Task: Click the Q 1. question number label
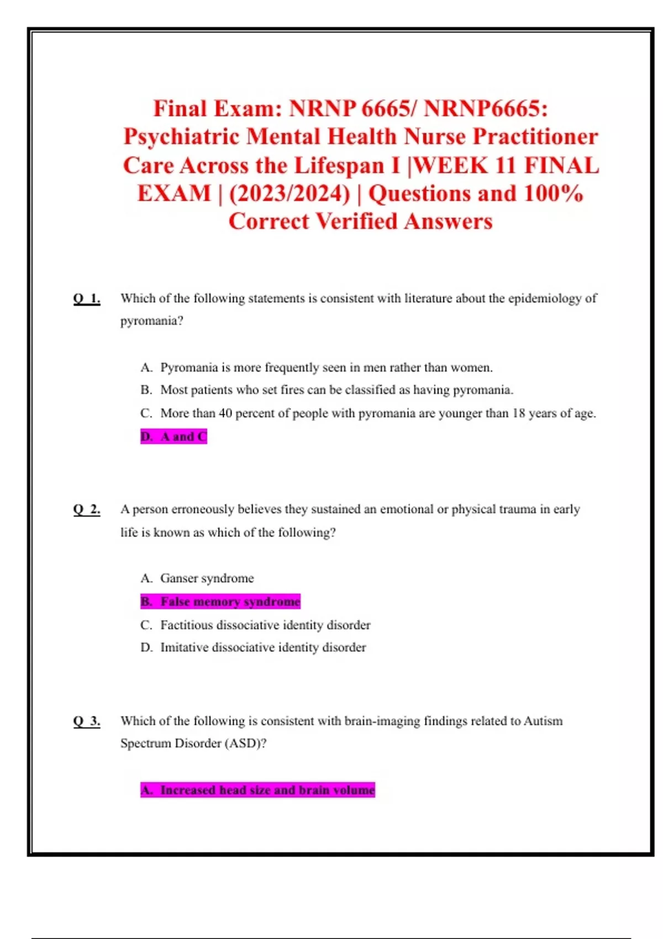tap(87, 299)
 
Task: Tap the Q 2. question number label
tap(87, 509)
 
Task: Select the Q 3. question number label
tap(87, 721)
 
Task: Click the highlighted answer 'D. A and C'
tap(173, 436)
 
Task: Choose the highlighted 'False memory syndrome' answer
tap(220, 602)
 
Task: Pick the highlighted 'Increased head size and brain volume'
tap(257, 790)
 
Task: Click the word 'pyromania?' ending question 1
tap(151, 321)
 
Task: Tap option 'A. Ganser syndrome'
tap(197, 578)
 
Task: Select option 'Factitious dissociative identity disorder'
tap(265, 625)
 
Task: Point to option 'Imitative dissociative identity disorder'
tap(263, 647)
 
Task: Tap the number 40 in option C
tap(225, 413)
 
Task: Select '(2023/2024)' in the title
tap(290, 193)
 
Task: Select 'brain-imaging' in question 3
tap(382, 721)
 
